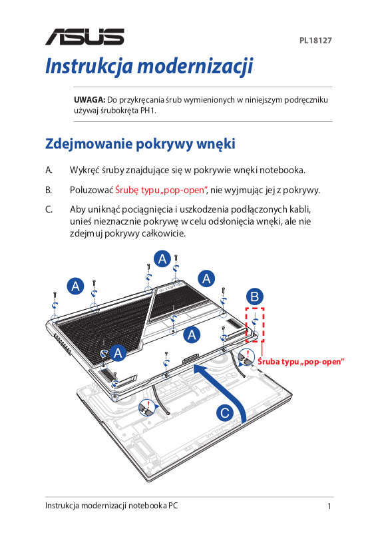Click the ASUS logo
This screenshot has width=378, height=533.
pos(85,37)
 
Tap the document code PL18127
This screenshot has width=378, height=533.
pos(315,41)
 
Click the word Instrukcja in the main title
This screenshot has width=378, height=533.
pos(89,66)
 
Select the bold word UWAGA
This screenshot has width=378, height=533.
pos(90,99)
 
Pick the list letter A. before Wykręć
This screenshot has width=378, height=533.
pos(49,170)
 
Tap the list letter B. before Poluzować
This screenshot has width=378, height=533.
pos(49,190)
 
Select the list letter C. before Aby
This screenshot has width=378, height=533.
pos(49,209)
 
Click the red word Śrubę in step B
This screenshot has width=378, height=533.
pos(127,190)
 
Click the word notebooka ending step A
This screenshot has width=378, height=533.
pos(283,170)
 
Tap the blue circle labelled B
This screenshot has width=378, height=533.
pos(255,296)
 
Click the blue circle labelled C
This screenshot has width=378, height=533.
pos(225,413)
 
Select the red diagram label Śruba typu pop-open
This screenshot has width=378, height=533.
pos(301,361)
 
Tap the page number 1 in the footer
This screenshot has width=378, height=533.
pos(329,506)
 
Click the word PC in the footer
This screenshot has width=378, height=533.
pos(173,506)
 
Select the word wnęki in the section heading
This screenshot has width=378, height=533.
pos(216,144)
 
